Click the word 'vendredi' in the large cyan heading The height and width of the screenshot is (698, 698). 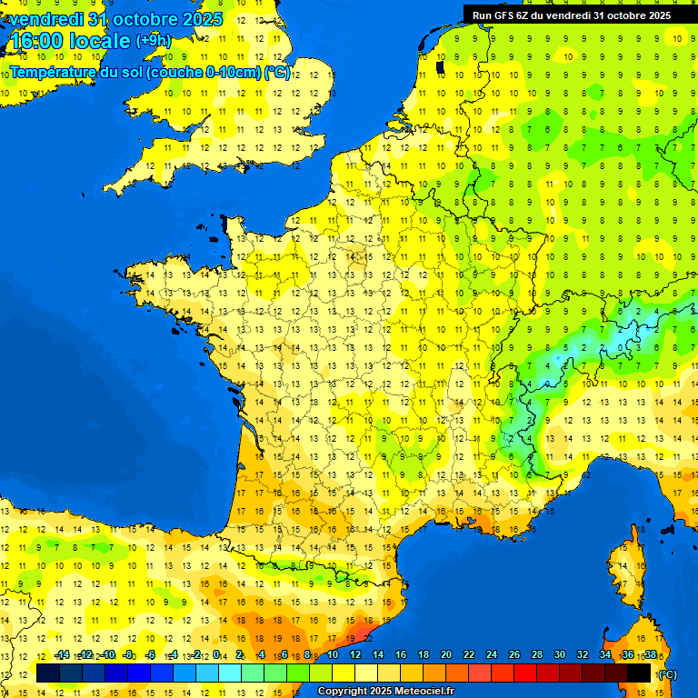[x=46, y=19]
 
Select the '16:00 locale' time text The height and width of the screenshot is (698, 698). [x=69, y=42]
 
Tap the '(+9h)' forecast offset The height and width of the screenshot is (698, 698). [x=153, y=41]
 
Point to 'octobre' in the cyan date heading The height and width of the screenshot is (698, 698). [x=147, y=19]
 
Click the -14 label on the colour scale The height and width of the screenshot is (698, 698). [x=62, y=655]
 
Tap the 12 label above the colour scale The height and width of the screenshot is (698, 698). [x=355, y=655]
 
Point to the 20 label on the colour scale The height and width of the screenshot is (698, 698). [x=445, y=655]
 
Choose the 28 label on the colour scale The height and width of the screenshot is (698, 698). [x=536, y=655]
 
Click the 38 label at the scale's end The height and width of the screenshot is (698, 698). [x=650, y=655]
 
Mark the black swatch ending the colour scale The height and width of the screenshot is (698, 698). [x=639, y=673]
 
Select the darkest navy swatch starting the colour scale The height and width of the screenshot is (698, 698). [x=48, y=673]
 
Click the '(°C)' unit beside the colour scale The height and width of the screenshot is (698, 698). [x=667, y=674]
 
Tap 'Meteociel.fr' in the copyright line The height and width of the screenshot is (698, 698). [x=420, y=692]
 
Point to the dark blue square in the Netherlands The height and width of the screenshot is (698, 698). [x=441, y=66]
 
